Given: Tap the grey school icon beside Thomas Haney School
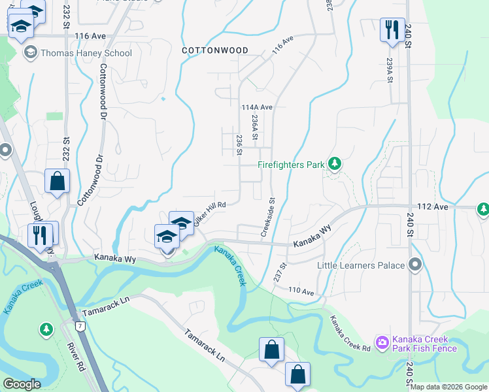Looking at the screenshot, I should [30, 53].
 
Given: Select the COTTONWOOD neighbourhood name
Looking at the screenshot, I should [214, 50].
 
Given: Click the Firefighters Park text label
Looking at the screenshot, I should [291, 165].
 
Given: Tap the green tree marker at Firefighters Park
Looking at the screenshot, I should [335, 164].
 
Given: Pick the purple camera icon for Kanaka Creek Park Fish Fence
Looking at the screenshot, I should [382, 342].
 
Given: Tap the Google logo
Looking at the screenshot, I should [22, 384].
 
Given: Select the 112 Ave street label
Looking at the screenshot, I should [431, 207].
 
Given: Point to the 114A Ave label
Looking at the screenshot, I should [256, 106].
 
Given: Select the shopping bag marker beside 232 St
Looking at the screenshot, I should [58, 181].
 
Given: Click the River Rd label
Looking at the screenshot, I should [76, 359].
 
